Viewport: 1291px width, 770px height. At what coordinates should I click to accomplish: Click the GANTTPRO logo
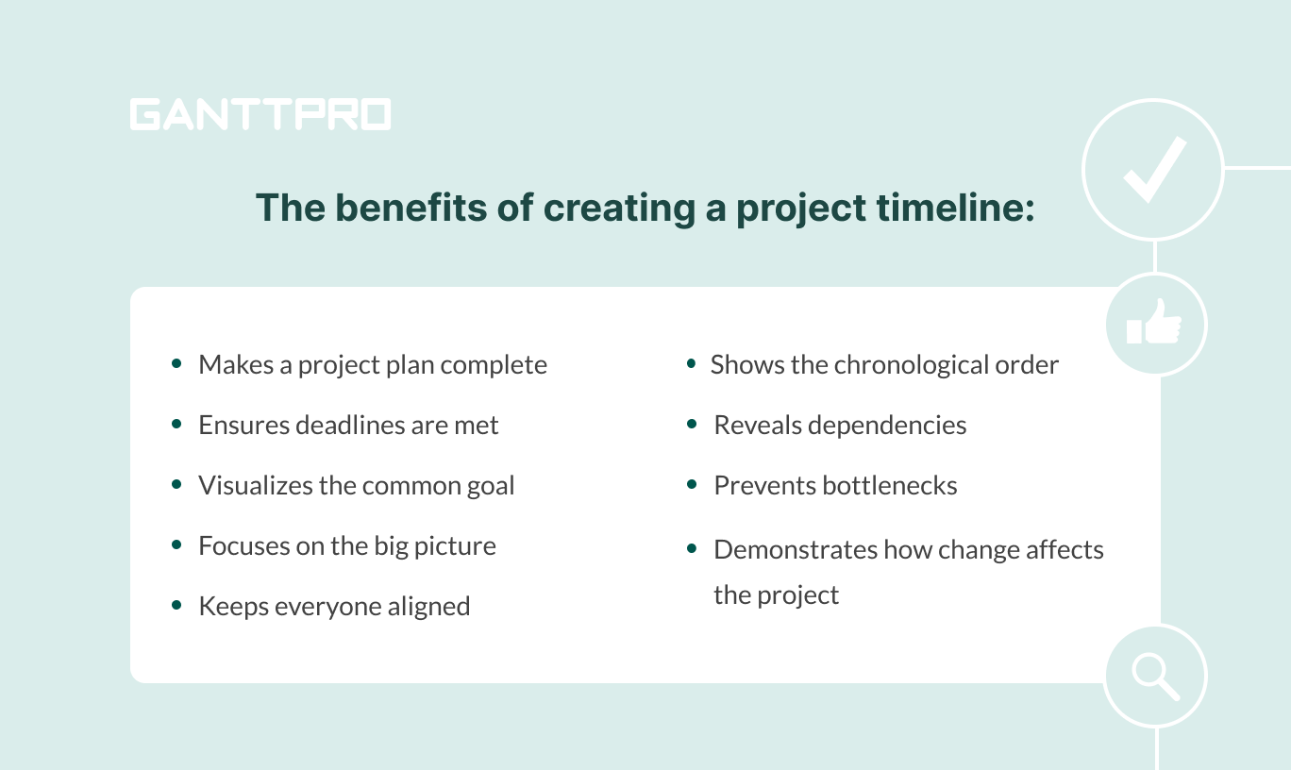260,114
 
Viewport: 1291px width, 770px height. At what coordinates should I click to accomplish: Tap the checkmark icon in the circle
1152,170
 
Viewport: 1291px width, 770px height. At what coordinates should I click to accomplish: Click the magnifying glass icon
1154,676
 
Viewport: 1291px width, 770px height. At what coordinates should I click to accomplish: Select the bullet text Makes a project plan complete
372,365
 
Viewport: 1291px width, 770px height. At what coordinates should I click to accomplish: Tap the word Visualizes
251,486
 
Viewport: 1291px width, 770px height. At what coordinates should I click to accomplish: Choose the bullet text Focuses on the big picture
346,546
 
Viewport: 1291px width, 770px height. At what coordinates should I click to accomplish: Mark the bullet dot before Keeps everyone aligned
176,605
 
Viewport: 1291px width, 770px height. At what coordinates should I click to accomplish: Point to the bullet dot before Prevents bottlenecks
692,484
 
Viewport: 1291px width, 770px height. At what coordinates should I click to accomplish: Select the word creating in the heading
622,208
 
